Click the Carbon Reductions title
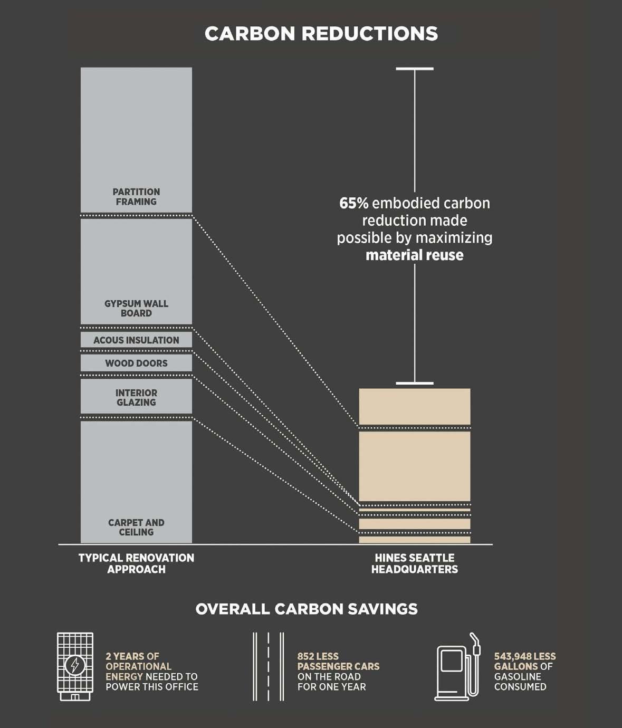321,34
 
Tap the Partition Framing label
136,197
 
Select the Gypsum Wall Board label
136,309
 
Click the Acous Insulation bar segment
136,340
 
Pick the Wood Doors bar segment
136,363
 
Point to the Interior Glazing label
136,398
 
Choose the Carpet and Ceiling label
136,528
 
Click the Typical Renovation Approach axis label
136,563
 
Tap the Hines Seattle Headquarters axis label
414,563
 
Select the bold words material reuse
414,255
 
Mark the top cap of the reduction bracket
415,69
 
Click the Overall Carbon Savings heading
307,609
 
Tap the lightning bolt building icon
75,666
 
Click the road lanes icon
268,666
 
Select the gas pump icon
457,667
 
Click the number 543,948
513,656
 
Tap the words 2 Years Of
132,656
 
